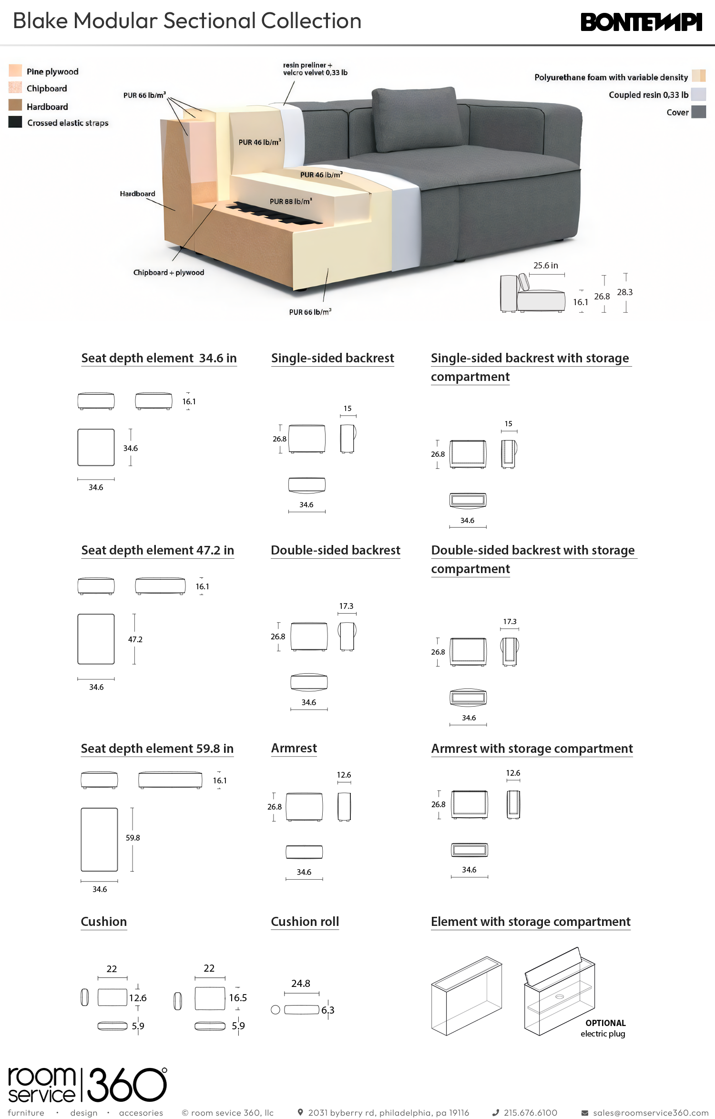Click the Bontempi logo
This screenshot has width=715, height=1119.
(x=641, y=22)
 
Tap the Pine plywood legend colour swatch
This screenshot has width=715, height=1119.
(x=15, y=71)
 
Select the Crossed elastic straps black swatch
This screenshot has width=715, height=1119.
(x=15, y=122)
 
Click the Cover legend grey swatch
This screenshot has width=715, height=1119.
(x=698, y=112)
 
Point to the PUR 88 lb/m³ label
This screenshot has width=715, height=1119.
(x=291, y=201)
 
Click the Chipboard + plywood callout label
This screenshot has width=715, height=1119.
(x=169, y=272)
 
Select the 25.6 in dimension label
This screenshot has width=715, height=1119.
(x=546, y=266)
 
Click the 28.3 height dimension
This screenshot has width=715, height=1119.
(x=625, y=292)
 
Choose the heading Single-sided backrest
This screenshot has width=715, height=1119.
(x=333, y=358)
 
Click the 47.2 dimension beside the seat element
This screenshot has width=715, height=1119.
(x=135, y=639)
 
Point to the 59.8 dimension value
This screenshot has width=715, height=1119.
(x=133, y=838)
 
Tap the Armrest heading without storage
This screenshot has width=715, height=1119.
(x=294, y=748)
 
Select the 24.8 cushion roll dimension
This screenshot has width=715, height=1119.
(x=301, y=983)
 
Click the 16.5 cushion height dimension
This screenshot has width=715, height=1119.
(x=238, y=997)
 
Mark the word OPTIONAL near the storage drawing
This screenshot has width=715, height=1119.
(x=606, y=1023)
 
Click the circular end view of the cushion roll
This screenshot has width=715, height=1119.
(x=276, y=1009)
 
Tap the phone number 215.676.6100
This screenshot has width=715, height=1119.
(x=531, y=1112)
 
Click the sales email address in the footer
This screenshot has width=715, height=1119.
(x=651, y=1112)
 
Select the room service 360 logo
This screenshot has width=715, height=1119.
(x=88, y=1085)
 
